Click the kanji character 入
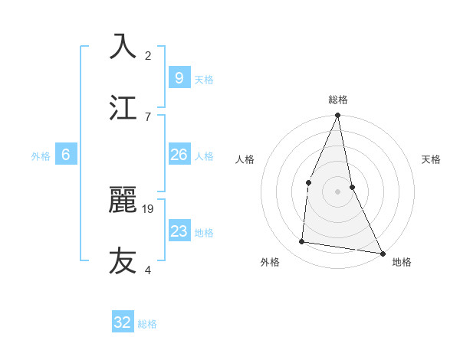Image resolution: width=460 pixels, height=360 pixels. click(x=123, y=47)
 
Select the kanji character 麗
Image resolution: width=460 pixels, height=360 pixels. click(x=123, y=200)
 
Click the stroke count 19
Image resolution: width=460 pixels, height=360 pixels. click(x=149, y=208)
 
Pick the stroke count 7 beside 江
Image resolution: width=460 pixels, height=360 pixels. click(x=148, y=116)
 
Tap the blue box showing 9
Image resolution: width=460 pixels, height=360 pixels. click(x=179, y=78)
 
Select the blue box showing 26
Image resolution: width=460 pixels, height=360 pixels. click(x=179, y=155)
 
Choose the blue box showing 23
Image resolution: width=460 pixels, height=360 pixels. click(x=179, y=231)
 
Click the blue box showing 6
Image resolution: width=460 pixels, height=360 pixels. click(x=65, y=155)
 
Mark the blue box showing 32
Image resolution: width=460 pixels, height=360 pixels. click(x=123, y=322)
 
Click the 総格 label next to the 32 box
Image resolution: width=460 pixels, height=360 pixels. click(x=147, y=324)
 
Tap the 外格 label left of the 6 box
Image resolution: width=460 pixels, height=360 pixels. click(x=41, y=156)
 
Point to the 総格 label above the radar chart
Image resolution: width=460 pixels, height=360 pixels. click(x=338, y=100)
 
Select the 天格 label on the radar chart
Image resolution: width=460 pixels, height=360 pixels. click(x=432, y=159)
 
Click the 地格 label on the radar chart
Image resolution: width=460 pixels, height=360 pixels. click(x=402, y=262)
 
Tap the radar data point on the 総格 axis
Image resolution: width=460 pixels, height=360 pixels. click(x=337, y=116)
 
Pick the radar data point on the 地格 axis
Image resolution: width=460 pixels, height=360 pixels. click(x=383, y=253)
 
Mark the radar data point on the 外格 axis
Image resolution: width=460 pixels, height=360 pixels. click(x=302, y=242)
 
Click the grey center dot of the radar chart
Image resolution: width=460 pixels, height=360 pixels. click(x=337, y=191)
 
